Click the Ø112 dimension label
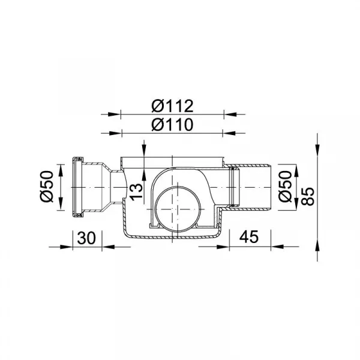[x=172, y=106]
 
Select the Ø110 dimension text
[x=172, y=125]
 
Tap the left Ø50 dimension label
[x=47, y=187]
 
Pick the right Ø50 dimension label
[x=285, y=187]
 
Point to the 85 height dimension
[x=307, y=197]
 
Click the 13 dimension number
[x=136, y=192]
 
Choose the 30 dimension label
[x=86, y=238]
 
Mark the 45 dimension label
[x=248, y=237]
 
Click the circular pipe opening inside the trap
[x=178, y=209]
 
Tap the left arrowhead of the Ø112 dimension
[x=114, y=114]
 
